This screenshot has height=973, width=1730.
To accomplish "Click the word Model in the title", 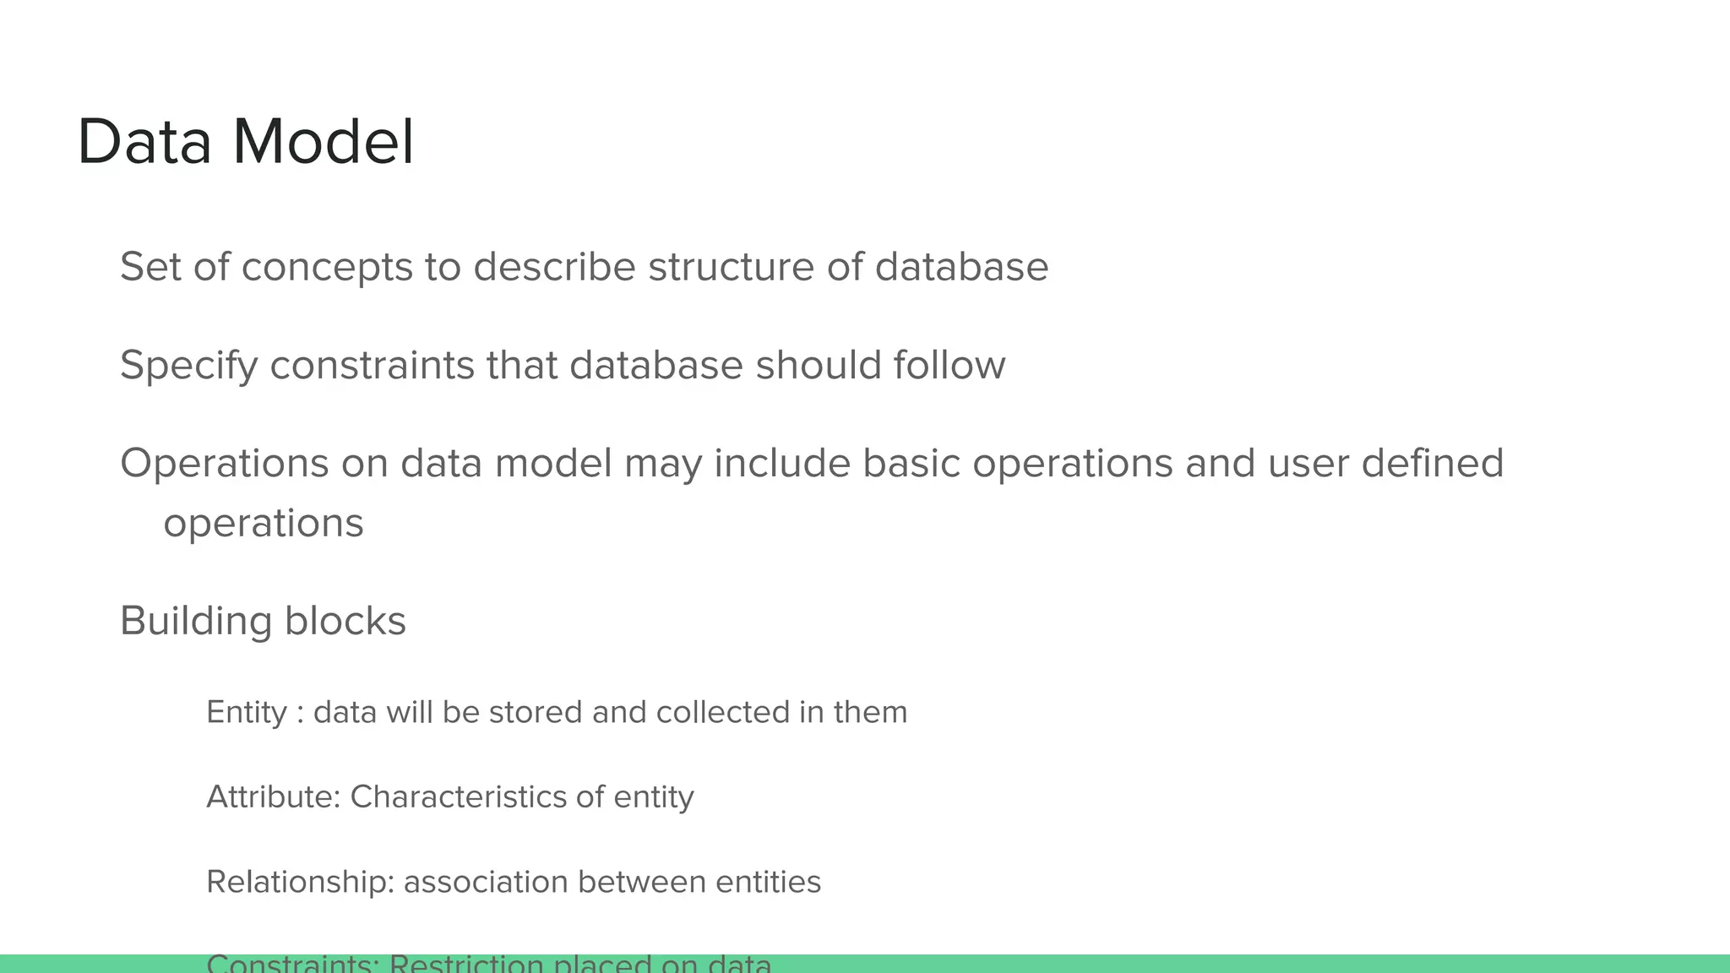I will pos(324,142).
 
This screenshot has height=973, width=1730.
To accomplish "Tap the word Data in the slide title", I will pos(144,142).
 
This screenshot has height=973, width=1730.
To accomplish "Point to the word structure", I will pos(731,267).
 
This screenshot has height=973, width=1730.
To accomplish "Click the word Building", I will pos(196,622).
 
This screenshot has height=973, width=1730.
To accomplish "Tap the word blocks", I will pos(345,621).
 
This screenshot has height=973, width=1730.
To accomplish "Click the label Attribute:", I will pos(273,796).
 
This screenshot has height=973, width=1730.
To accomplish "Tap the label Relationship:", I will pos(300,882).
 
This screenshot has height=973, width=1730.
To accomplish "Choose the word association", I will pos(486,882).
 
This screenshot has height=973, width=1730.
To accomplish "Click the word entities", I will pos(768,882).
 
